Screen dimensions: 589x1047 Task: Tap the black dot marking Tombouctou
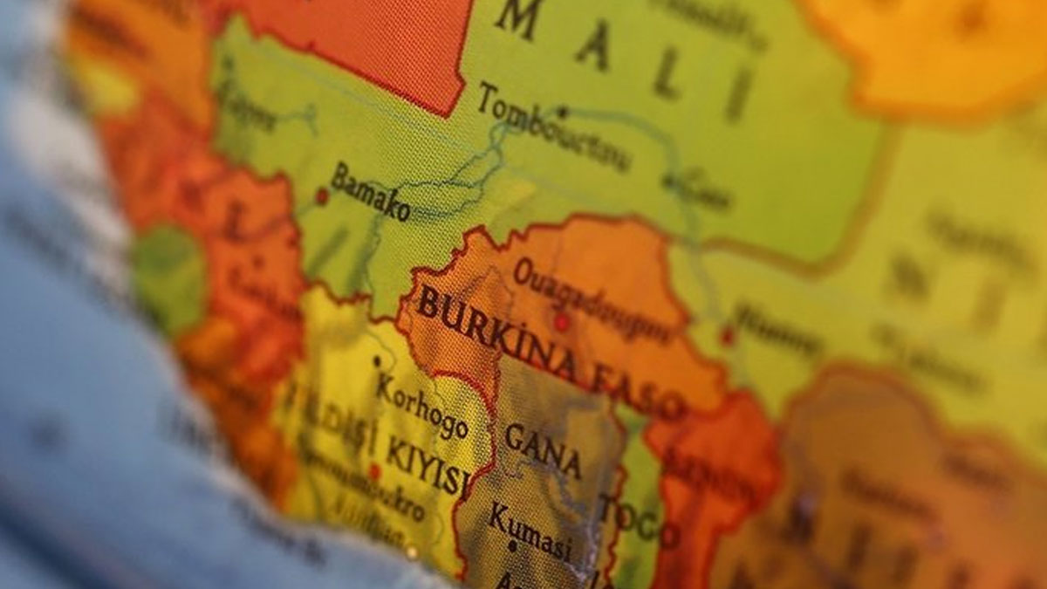[563, 112]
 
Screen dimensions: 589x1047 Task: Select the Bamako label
[371, 191]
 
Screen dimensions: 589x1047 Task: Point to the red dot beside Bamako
[321, 196]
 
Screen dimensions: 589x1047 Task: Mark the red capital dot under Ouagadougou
[562, 322]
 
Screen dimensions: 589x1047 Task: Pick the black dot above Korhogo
[377, 360]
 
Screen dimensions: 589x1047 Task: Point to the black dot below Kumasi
[512, 547]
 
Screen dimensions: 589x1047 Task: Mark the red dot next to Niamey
[726, 334]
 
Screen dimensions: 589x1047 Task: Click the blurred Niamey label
[777, 329]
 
